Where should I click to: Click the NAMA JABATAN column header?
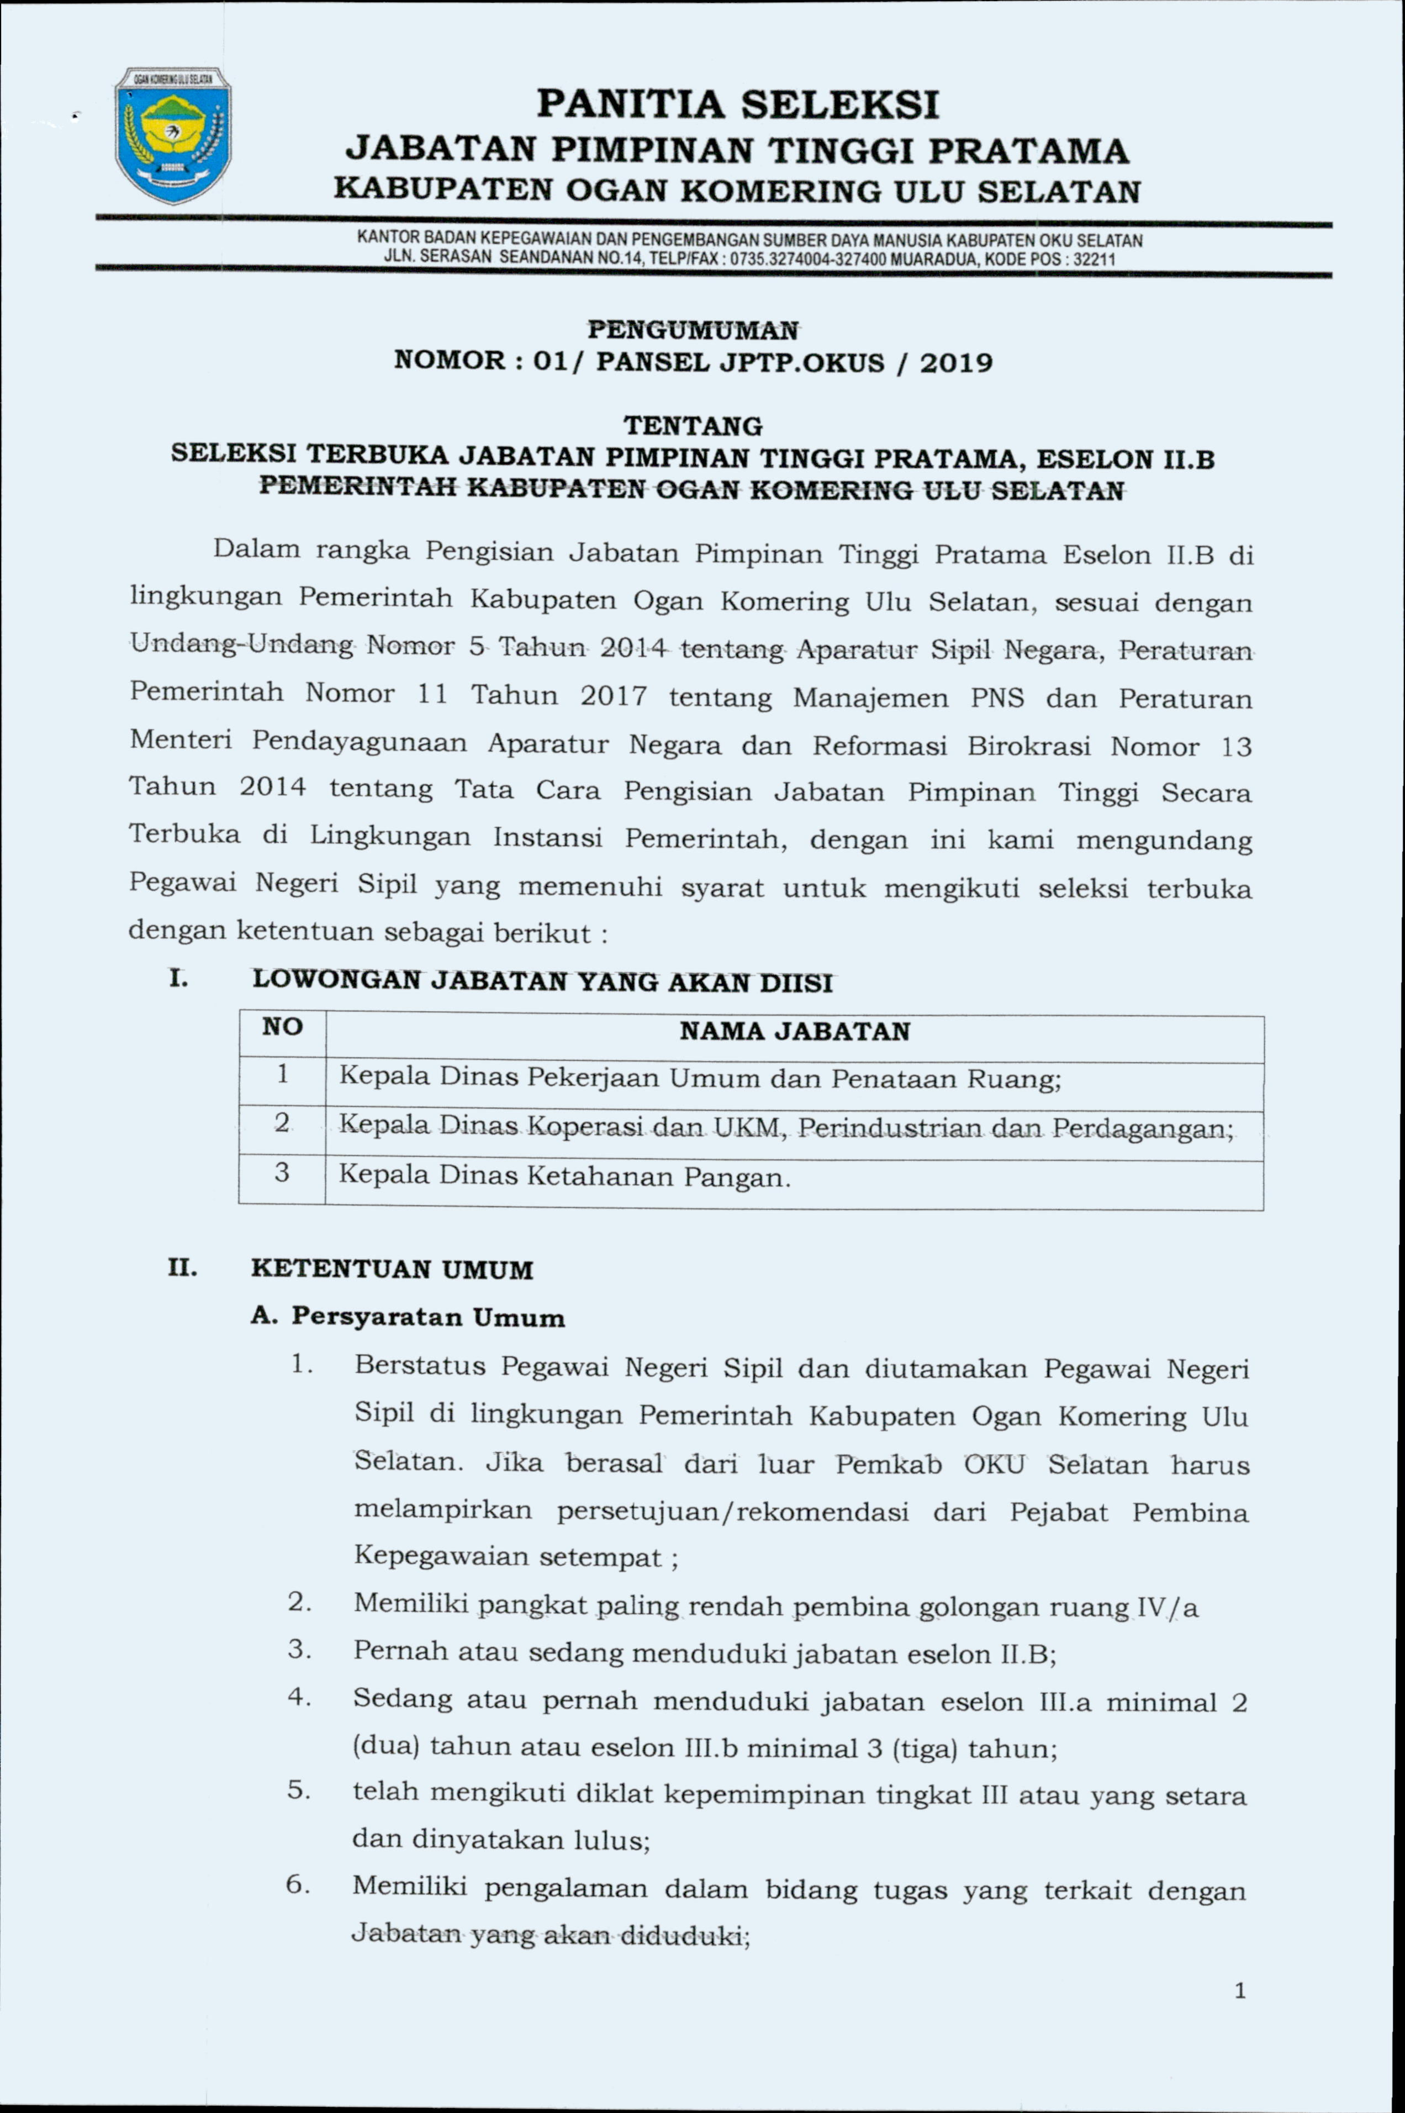click(794, 1032)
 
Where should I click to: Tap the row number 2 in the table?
click(282, 1123)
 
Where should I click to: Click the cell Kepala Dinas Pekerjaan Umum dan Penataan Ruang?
click(699, 1077)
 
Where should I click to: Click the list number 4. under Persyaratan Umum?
click(299, 1697)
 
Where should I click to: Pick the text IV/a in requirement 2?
click(1166, 1608)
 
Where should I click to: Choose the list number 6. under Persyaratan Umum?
click(298, 1884)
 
